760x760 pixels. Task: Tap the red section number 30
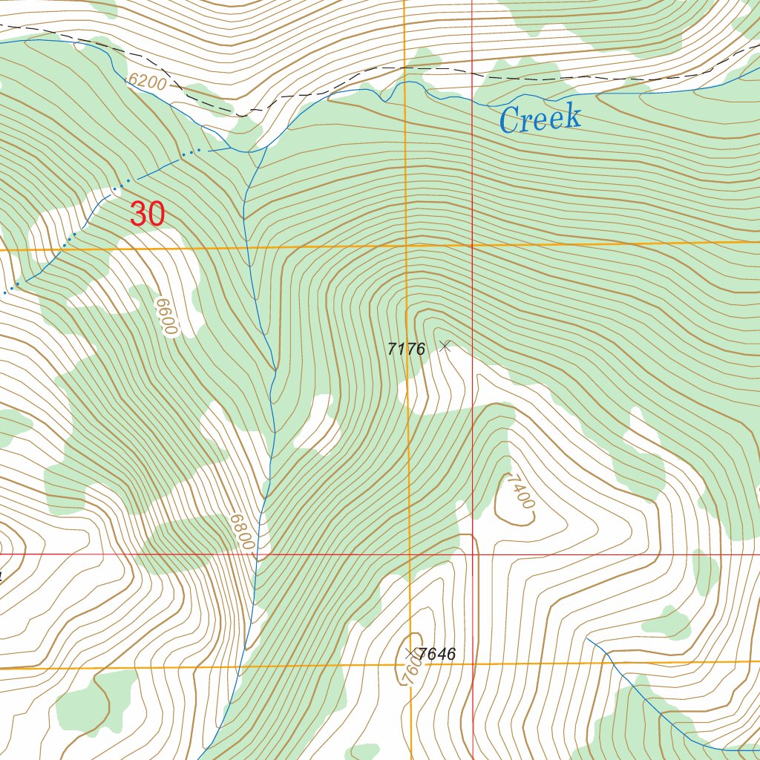tap(147, 214)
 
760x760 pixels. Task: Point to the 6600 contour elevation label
tap(167, 317)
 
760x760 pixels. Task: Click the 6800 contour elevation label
tap(242, 532)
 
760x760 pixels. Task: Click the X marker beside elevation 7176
tap(445, 345)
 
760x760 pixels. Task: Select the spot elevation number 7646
tap(437, 655)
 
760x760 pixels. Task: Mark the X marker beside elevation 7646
tap(410, 653)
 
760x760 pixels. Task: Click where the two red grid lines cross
tap(473, 554)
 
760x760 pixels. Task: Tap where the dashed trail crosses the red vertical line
tap(473, 73)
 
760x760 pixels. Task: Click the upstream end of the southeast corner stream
tap(587, 637)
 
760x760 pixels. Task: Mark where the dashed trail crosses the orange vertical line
tap(405, 68)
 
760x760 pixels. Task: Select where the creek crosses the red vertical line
tap(473, 97)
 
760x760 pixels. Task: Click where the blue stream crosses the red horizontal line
tap(257, 554)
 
